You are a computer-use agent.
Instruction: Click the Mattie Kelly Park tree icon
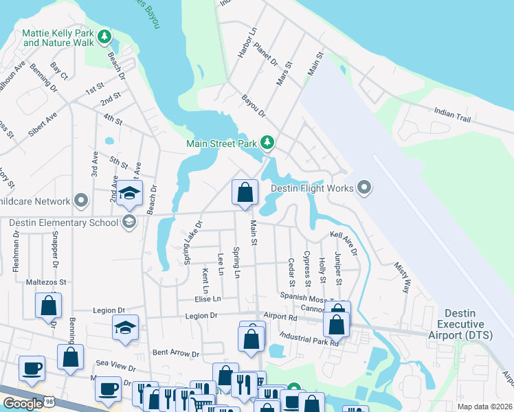coord(104,36)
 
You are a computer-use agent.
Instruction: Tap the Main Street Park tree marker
coord(267,143)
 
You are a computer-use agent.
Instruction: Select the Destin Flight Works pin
coord(364,187)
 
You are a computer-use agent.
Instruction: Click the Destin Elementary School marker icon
coord(128,221)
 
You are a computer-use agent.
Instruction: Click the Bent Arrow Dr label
coord(175,354)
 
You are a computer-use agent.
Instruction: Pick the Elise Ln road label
coord(207,299)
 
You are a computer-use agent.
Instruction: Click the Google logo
coord(22,403)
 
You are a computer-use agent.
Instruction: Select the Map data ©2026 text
coord(484,406)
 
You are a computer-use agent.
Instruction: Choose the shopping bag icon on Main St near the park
coord(244,193)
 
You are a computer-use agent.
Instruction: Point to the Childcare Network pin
coord(81,201)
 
